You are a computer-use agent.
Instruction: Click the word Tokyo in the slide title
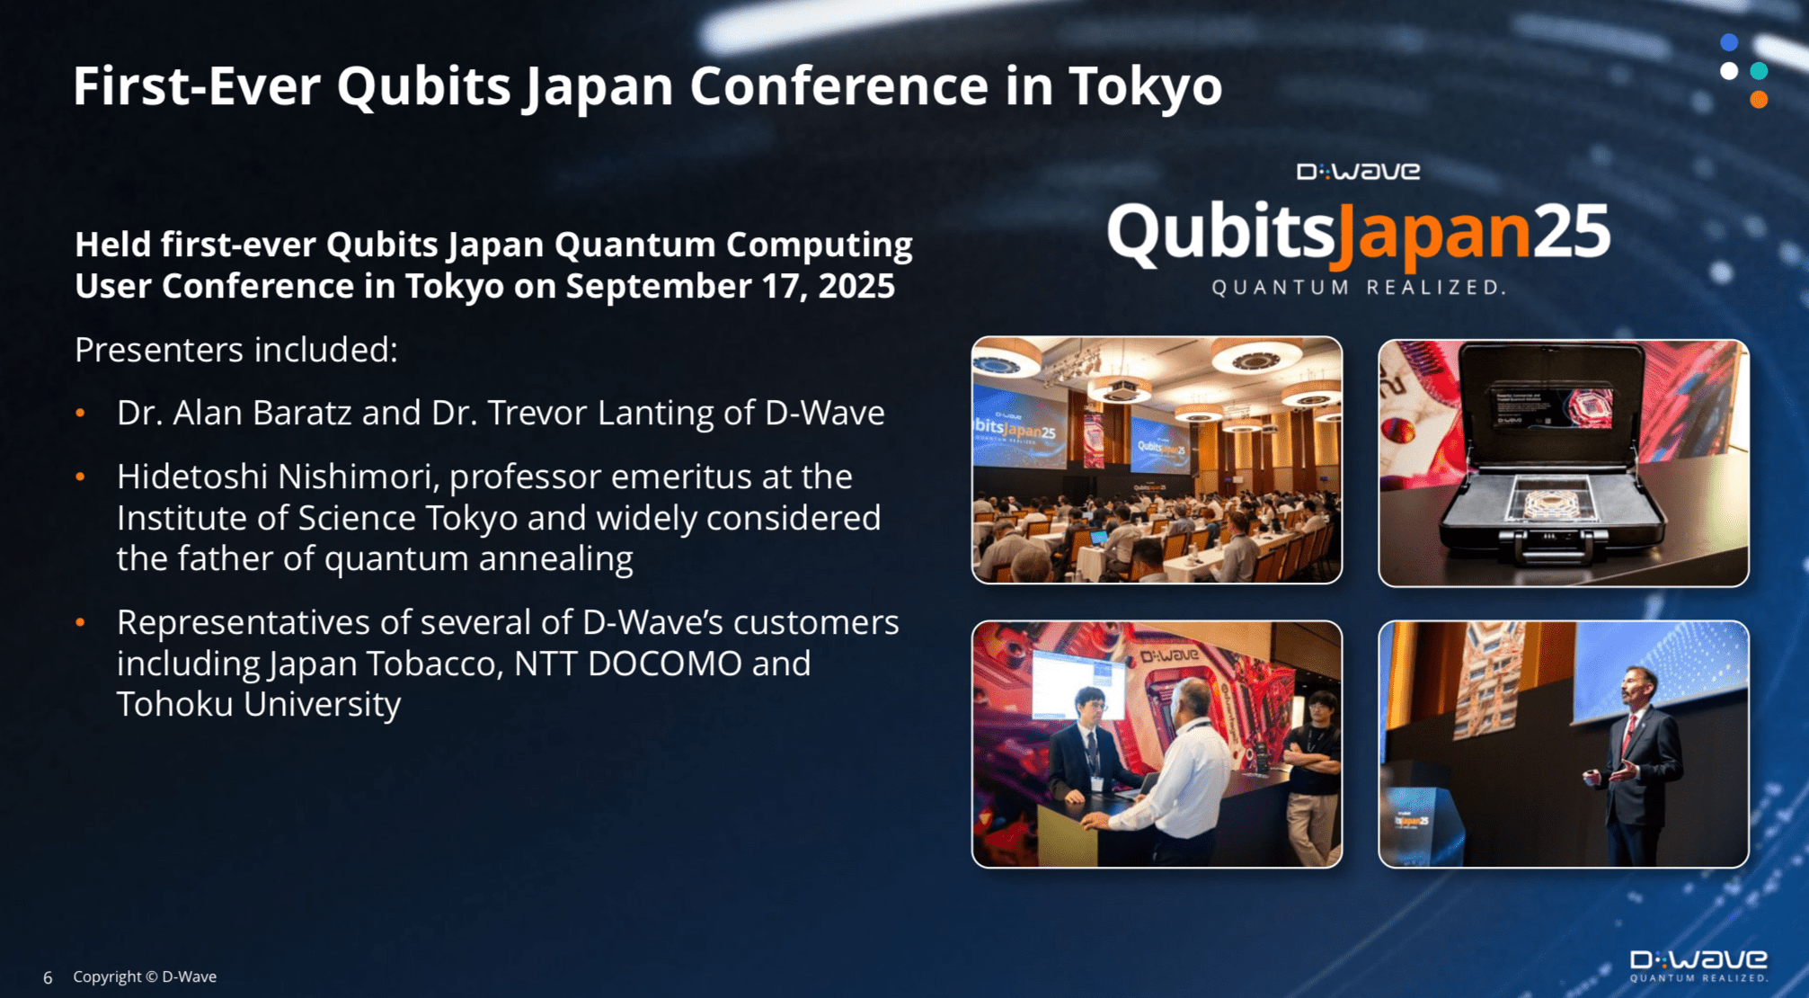tap(1145, 86)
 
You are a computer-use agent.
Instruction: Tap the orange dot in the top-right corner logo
tap(1759, 100)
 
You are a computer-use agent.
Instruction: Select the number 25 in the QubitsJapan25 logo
tap(1571, 232)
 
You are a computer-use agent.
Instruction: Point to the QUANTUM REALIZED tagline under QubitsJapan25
tap(1358, 288)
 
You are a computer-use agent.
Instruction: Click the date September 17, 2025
tap(730, 286)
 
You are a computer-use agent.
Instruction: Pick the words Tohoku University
tap(258, 704)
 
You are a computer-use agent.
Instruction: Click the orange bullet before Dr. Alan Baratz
tap(81, 413)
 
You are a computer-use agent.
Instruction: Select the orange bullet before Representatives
tap(81, 622)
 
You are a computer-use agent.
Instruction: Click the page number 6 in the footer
tap(48, 977)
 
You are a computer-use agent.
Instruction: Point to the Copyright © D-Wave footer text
tap(145, 976)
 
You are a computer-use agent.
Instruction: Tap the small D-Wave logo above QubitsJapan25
tap(1358, 171)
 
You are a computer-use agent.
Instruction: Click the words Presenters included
tap(235, 350)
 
